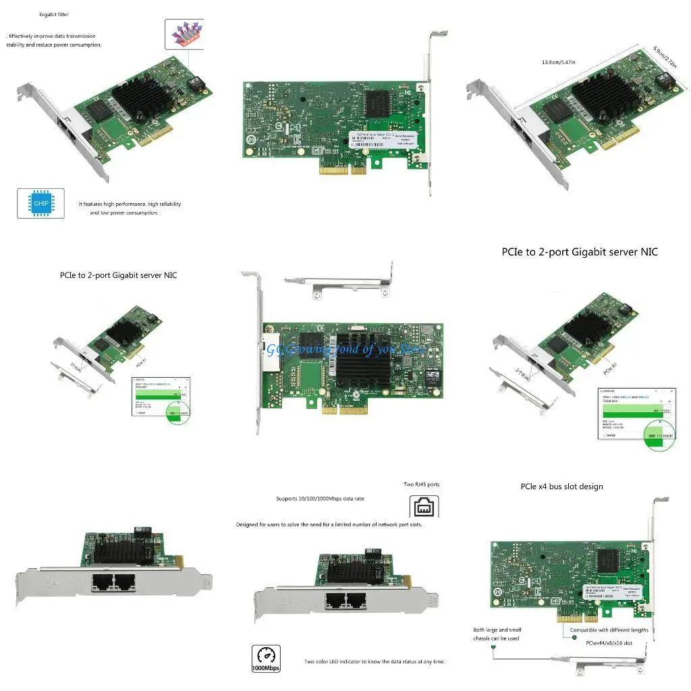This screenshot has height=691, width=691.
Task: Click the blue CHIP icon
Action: pos(40,203)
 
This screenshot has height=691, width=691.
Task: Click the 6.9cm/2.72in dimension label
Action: pos(664,57)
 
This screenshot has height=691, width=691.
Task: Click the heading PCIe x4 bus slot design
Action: pos(561,487)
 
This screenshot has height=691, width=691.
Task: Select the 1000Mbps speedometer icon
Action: pos(265,658)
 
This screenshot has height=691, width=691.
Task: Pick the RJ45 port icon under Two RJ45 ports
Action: pos(424,506)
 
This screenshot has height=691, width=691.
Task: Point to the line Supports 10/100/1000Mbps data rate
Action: pos(320,499)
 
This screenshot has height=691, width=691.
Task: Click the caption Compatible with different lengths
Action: pos(609,630)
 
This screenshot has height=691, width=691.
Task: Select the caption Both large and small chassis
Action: pos(497,634)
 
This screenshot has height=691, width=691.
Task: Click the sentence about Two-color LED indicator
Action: pos(374,662)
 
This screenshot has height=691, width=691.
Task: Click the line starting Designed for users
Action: pos(329,524)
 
